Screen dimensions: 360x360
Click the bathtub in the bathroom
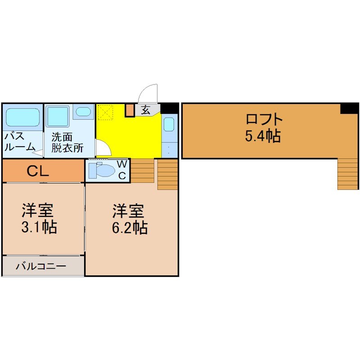(22, 117)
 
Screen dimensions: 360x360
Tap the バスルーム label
(19, 141)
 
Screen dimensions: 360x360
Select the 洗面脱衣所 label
(67, 143)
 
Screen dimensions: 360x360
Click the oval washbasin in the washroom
(83, 112)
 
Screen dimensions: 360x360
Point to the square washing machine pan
(58, 117)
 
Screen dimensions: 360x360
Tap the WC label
(121, 170)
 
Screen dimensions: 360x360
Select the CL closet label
(38, 171)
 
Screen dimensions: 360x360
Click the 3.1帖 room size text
(39, 227)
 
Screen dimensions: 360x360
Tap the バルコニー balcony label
(41, 266)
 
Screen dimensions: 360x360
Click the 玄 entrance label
(145, 110)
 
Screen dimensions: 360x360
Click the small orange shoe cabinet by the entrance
(130, 110)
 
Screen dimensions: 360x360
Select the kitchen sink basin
(169, 124)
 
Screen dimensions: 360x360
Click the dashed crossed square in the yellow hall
(105, 112)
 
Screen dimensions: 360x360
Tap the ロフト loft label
(264, 119)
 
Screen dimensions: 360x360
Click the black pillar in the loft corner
(350, 108)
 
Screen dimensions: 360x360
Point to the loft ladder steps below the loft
(348, 174)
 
